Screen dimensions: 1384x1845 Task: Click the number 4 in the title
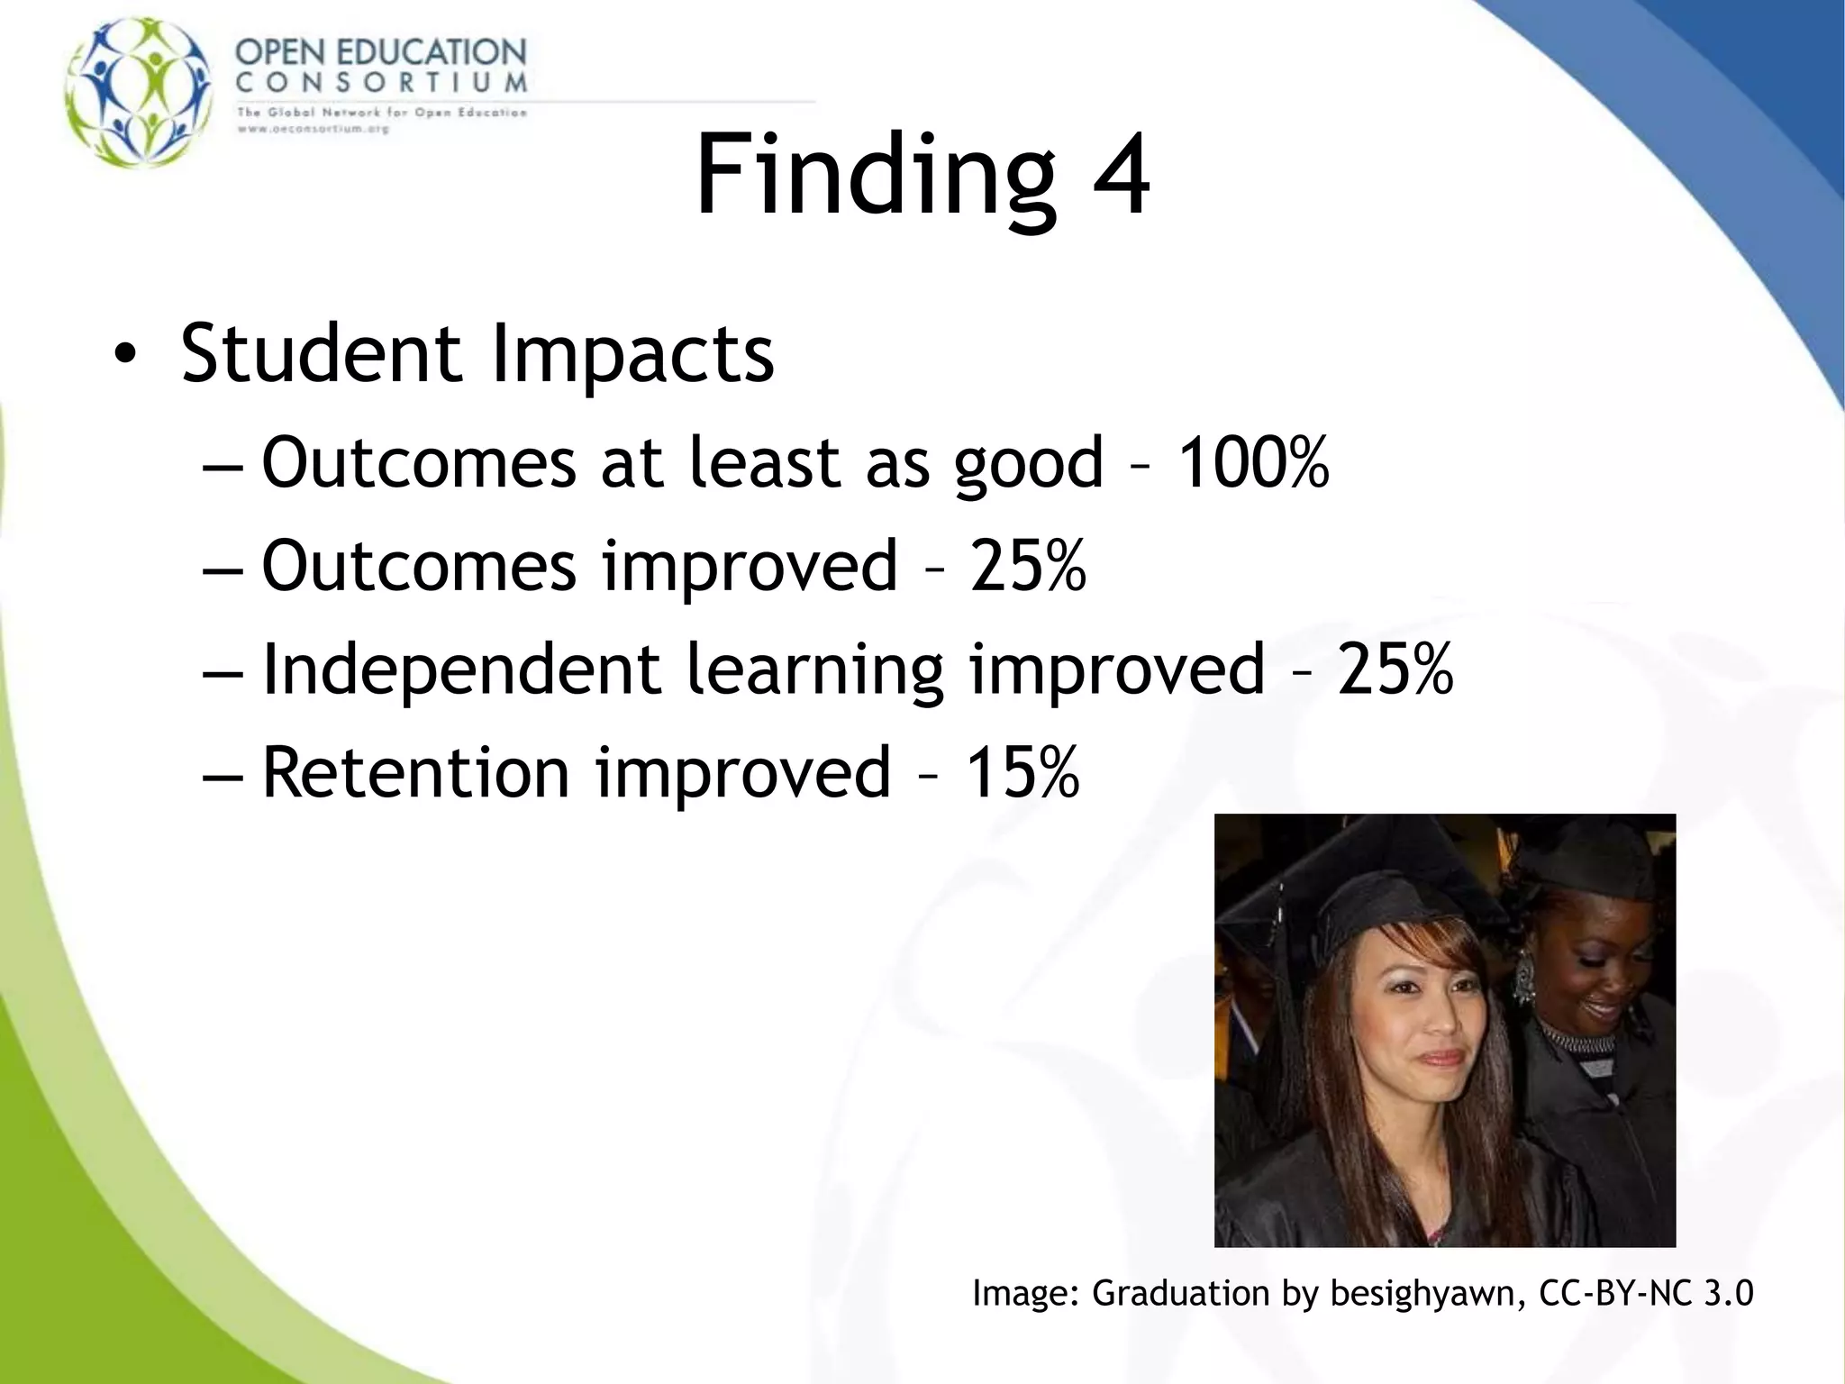tap(1121, 175)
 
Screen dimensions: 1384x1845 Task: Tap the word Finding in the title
tap(874, 175)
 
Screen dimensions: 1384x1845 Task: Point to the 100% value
tap(1253, 463)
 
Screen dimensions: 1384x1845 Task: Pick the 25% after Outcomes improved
tap(1028, 566)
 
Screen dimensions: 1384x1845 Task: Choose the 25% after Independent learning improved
tap(1395, 669)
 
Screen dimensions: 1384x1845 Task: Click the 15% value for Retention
tap(1022, 773)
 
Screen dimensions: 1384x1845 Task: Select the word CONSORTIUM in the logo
tap(381, 83)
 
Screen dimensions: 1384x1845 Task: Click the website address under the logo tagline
tap(313, 129)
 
